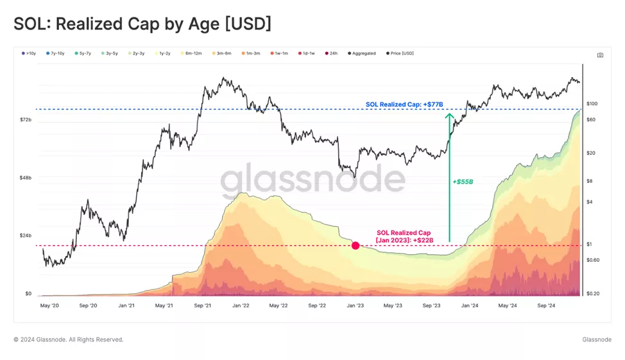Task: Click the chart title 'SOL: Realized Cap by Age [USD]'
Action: (142, 24)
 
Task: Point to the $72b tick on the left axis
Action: (26, 120)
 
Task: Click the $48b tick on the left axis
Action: (26, 178)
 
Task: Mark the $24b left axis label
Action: (26, 236)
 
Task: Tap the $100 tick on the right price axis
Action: (592, 104)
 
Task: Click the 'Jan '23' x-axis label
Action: (355, 306)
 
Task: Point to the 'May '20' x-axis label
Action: (49, 306)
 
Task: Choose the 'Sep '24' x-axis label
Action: (545, 306)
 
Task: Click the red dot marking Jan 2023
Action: (355, 246)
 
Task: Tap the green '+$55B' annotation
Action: (463, 182)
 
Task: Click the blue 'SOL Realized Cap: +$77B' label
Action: (404, 104)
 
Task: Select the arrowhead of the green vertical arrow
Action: (450, 116)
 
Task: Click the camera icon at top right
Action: (600, 55)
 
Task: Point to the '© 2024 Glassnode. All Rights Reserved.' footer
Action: (69, 339)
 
